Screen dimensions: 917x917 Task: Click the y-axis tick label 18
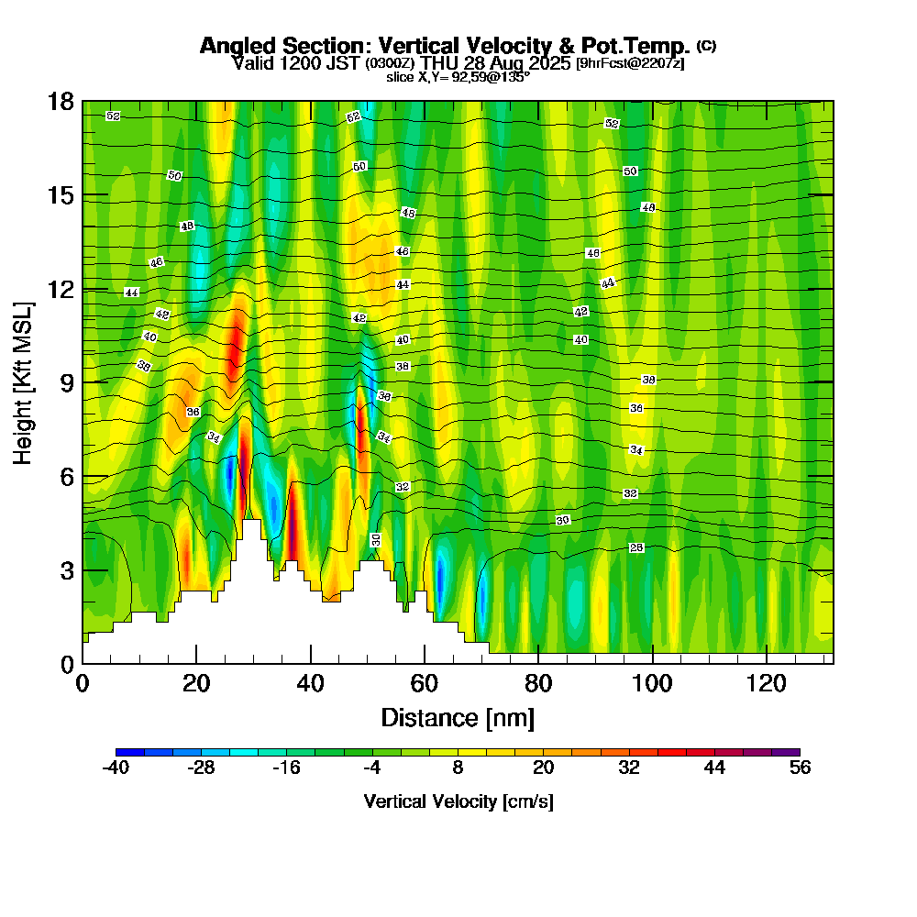click(61, 102)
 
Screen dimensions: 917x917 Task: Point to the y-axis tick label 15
click(61, 195)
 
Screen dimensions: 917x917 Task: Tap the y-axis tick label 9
click(67, 382)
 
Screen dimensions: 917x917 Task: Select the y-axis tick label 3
click(67, 570)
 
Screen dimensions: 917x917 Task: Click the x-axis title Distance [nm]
click(458, 717)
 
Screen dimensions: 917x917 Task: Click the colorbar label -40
click(115, 768)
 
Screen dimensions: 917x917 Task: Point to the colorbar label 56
click(800, 768)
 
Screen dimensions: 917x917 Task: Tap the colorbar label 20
click(543, 768)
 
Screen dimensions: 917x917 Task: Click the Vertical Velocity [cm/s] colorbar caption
click(458, 801)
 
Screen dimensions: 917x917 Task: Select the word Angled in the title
click(240, 46)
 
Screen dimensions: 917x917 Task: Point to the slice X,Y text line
click(458, 77)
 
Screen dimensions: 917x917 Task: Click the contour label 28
click(636, 547)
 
